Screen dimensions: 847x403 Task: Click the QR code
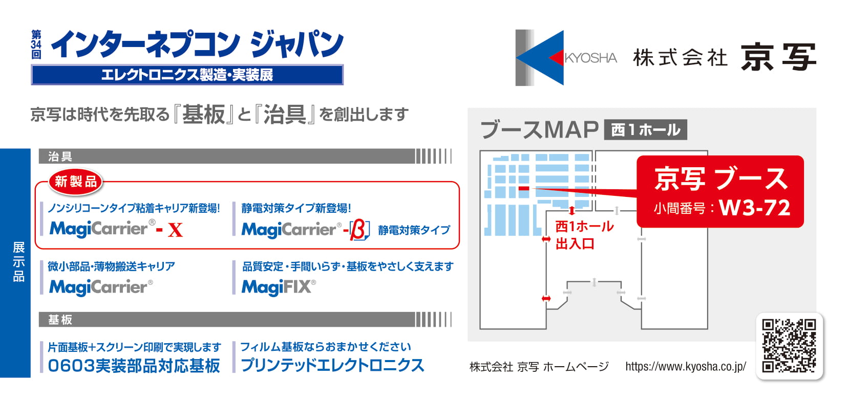point(789,346)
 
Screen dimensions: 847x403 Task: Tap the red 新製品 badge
point(76,182)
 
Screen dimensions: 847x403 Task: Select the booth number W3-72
point(754,208)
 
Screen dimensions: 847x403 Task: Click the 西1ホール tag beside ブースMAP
point(645,130)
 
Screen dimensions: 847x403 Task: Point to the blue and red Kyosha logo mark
point(540,58)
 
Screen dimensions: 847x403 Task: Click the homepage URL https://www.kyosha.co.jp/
point(686,366)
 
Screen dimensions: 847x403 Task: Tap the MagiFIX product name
point(279,287)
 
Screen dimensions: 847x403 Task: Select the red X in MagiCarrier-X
point(175,230)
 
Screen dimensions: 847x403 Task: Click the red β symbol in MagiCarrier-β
point(358,230)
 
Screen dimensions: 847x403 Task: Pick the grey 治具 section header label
point(60,156)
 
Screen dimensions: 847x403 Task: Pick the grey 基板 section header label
point(60,320)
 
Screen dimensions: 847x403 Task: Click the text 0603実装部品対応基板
point(134,366)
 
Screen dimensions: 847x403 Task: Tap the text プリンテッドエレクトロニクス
point(333,365)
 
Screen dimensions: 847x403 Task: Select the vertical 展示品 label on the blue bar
point(18,262)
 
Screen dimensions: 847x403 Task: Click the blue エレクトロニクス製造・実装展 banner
point(187,75)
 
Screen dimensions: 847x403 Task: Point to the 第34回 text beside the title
point(36,44)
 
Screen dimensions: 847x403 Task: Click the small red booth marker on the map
point(524,188)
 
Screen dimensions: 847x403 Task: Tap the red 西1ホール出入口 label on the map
point(584,235)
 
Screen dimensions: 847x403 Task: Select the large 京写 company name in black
point(778,57)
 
